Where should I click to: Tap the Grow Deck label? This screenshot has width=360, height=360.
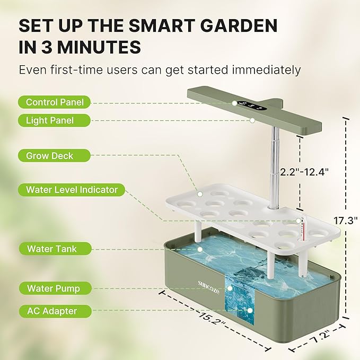[x=49, y=156]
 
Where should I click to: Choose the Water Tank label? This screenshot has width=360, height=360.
[x=51, y=248]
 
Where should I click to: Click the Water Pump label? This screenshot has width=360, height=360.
[x=53, y=288]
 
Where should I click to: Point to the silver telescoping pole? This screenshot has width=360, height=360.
[x=275, y=170]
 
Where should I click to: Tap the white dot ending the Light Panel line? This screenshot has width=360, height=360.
[x=252, y=120]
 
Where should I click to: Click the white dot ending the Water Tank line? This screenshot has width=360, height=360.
[x=199, y=248]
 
